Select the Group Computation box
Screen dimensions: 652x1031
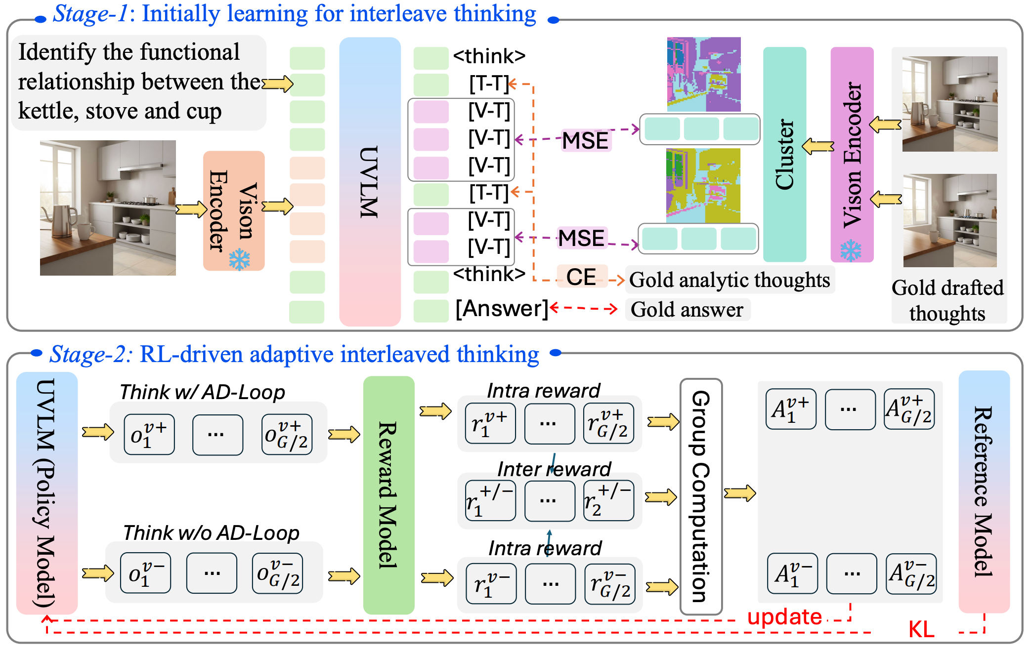[701, 496]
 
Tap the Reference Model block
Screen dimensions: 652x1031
[984, 491]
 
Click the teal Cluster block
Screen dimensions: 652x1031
[784, 154]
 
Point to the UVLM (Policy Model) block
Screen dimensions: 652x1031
[46, 493]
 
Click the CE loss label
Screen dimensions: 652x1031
[581, 277]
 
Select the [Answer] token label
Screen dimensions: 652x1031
[502, 309]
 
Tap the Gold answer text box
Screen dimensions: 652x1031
[687, 310]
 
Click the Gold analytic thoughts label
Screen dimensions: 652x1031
[730, 280]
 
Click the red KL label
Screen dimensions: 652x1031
[921, 630]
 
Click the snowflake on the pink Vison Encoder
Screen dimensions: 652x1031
[851, 250]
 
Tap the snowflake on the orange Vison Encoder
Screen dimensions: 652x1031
[240, 259]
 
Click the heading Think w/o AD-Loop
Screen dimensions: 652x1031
[211, 533]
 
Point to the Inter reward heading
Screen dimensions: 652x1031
[554, 469]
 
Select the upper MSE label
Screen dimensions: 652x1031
[585, 141]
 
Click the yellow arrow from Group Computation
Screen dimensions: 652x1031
[739, 493]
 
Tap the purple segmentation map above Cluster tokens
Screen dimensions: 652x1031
[703, 74]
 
